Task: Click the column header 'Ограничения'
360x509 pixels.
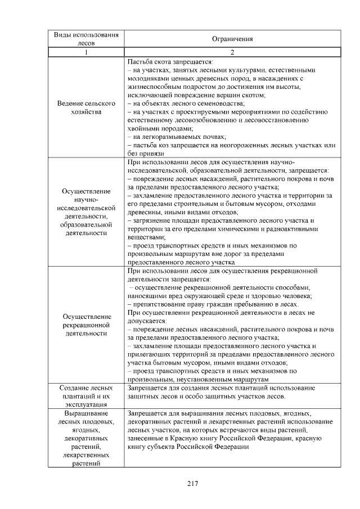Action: (x=232, y=39)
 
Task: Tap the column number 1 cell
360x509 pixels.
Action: (x=86, y=52)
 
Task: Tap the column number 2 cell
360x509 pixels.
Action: (x=232, y=52)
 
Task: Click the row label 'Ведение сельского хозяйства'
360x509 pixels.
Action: (x=86, y=108)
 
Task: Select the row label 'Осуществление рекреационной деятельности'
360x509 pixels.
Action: (x=86, y=325)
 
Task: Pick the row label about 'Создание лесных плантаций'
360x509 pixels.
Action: (x=86, y=396)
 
